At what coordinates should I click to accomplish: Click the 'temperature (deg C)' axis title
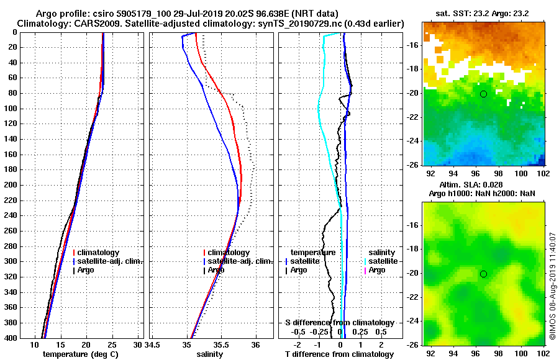click(x=80, y=354)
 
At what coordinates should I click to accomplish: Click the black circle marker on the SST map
click(x=483, y=94)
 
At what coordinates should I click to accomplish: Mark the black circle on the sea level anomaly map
click(x=483, y=274)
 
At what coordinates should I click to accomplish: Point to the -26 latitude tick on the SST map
click(x=412, y=165)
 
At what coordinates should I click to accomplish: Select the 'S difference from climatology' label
click(x=340, y=323)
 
